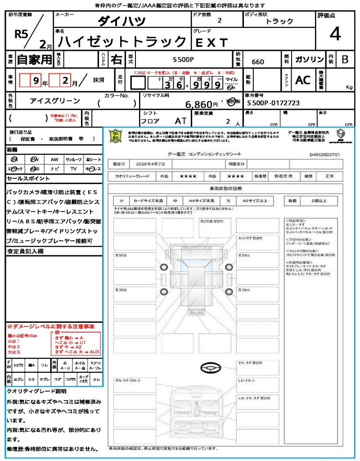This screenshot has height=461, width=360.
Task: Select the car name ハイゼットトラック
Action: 123,42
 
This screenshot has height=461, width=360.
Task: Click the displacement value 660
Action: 258,62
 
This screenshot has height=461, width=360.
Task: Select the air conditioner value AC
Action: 302,80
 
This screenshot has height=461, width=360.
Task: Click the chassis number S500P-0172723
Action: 273,103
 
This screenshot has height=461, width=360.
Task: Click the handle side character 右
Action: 116,59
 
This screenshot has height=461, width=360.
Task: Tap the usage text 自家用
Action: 34,59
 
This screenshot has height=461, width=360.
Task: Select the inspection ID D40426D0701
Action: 324,154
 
